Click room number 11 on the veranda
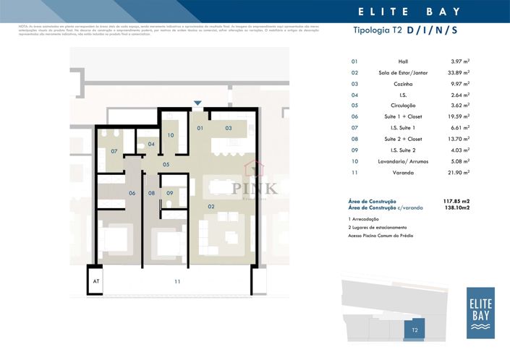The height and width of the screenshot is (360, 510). (x=177, y=280)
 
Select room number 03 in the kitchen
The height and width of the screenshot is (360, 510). (x=228, y=128)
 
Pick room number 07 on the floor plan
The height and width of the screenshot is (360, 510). (x=114, y=152)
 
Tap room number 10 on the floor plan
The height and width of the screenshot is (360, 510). (x=171, y=135)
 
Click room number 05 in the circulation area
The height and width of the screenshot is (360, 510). (x=166, y=165)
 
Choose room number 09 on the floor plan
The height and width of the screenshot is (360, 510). (x=169, y=193)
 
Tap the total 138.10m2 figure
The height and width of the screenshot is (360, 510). (x=456, y=207)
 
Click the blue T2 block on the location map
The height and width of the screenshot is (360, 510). (x=415, y=329)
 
